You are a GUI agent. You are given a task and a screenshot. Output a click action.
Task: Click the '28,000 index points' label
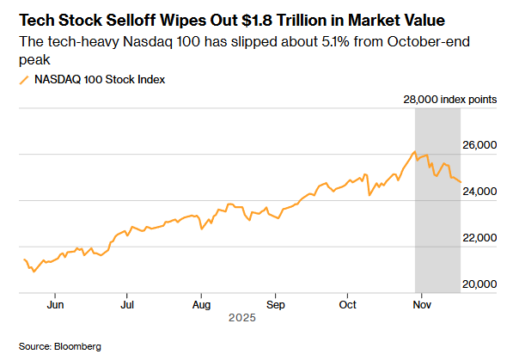tap(449, 100)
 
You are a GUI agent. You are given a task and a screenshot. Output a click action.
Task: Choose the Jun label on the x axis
tap(55, 304)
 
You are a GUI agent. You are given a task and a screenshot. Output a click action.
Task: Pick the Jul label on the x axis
tap(126, 304)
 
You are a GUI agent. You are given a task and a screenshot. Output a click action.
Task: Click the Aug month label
tap(201, 304)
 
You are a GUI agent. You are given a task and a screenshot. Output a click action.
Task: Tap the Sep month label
tap(275, 304)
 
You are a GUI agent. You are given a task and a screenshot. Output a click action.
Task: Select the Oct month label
tap(348, 304)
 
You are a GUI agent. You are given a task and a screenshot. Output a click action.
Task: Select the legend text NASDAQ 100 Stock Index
tap(100, 80)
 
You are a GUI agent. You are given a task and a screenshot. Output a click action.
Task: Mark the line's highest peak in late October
tap(414, 152)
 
